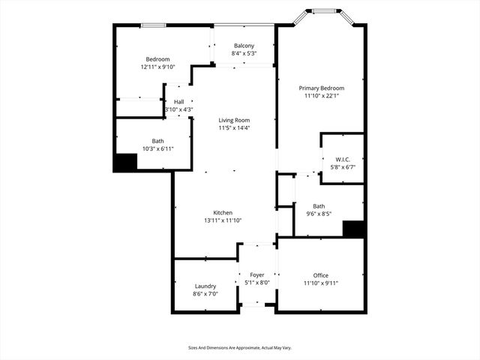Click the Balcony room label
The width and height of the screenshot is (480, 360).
(x=244, y=46)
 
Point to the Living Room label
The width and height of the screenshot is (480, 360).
(x=234, y=120)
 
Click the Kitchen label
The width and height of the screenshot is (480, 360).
(x=222, y=213)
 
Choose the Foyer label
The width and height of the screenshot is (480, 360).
(x=256, y=276)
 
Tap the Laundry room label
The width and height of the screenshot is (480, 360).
(x=205, y=286)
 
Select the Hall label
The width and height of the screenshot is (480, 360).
(x=179, y=102)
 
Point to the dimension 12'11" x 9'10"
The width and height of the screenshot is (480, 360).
(x=157, y=67)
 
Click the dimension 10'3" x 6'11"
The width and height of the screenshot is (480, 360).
(x=158, y=148)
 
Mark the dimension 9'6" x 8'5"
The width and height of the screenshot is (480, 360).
(x=319, y=214)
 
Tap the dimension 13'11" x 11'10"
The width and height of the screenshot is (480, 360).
(x=222, y=220)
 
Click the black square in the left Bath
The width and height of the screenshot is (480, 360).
(x=124, y=163)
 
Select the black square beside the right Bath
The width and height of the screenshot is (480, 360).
(x=353, y=229)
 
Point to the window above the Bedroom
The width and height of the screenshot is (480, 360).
(x=154, y=25)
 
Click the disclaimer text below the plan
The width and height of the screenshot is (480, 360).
(x=239, y=348)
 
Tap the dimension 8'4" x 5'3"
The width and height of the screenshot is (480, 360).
(x=244, y=53)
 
